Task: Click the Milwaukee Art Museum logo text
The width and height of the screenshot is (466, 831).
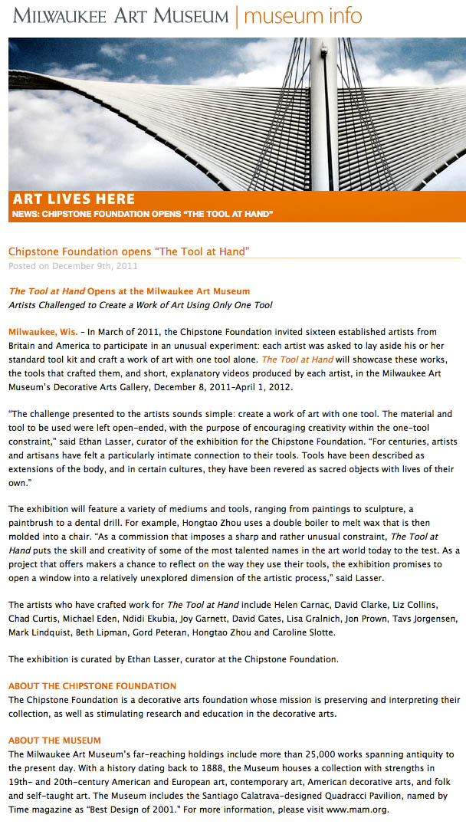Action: pos(120,15)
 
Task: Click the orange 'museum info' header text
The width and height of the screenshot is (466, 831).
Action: pos(304,15)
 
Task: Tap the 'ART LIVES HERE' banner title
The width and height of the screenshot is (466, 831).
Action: pos(74,199)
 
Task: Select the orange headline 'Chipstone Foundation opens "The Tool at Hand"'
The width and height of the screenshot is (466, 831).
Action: pos(129,251)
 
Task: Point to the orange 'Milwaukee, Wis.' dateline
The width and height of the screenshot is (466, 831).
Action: pos(42,332)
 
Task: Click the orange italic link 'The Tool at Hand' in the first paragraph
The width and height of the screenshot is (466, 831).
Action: pos(297,360)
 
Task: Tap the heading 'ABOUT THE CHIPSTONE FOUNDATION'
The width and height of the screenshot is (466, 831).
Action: pos(92,686)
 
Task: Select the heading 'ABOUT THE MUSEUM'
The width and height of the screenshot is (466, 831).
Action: pos(54,741)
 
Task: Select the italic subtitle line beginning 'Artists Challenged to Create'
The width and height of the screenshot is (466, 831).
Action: pos(140,305)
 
